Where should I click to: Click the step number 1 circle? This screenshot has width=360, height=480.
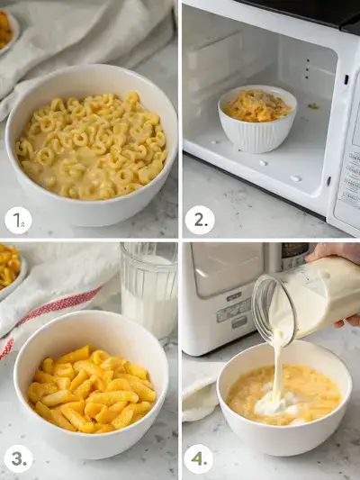[x=18, y=220]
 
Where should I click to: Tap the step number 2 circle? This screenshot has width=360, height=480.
[x=199, y=220]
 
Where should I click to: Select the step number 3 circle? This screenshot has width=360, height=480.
[x=18, y=459]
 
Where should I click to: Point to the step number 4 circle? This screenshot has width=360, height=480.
[x=199, y=459]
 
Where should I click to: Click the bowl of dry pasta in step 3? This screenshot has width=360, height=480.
[x=90, y=387]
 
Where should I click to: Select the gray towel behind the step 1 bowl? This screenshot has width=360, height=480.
[x=90, y=36]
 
